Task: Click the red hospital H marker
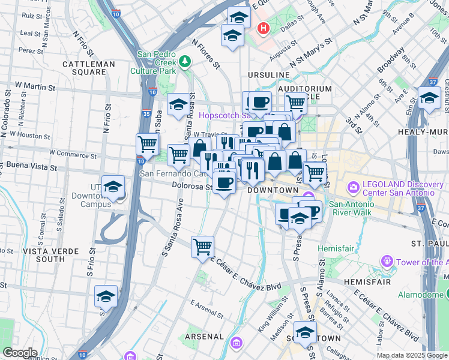point(262,28)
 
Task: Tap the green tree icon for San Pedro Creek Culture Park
point(185,61)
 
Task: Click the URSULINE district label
point(268,74)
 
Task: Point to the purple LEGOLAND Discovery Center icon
point(353,189)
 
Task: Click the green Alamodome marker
point(446,293)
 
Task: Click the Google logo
point(19,353)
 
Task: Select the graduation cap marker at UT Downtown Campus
point(112,188)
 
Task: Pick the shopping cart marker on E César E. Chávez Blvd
point(203,247)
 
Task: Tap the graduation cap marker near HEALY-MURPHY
point(429,98)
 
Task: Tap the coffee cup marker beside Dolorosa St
point(224,183)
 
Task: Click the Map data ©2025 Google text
point(411,355)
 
